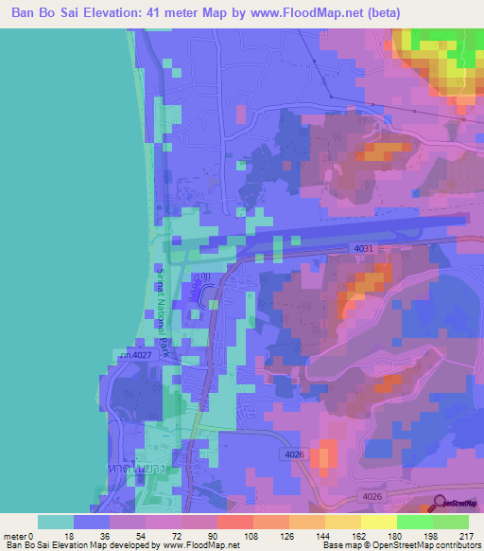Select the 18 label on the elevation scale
68,535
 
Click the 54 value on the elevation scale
141,535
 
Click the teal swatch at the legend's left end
56,522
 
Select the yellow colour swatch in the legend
378,522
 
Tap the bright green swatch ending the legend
451,522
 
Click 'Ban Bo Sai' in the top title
47,12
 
